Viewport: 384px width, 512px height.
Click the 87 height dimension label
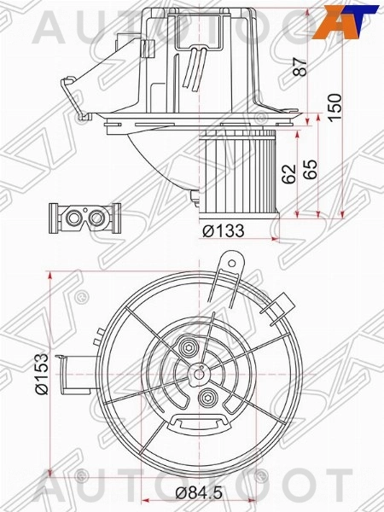pyautogui.click(x=300, y=66)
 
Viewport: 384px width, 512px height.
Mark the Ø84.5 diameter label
pyautogui.click(x=195, y=492)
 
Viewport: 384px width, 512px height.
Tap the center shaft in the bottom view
pyautogui.click(x=198, y=371)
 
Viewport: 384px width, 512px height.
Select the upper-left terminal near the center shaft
pyautogui.click(x=187, y=347)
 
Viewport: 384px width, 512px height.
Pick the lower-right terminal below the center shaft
pyautogui.click(x=208, y=397)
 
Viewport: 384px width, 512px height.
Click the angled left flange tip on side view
pyautogui.click(x=66, y=81)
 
